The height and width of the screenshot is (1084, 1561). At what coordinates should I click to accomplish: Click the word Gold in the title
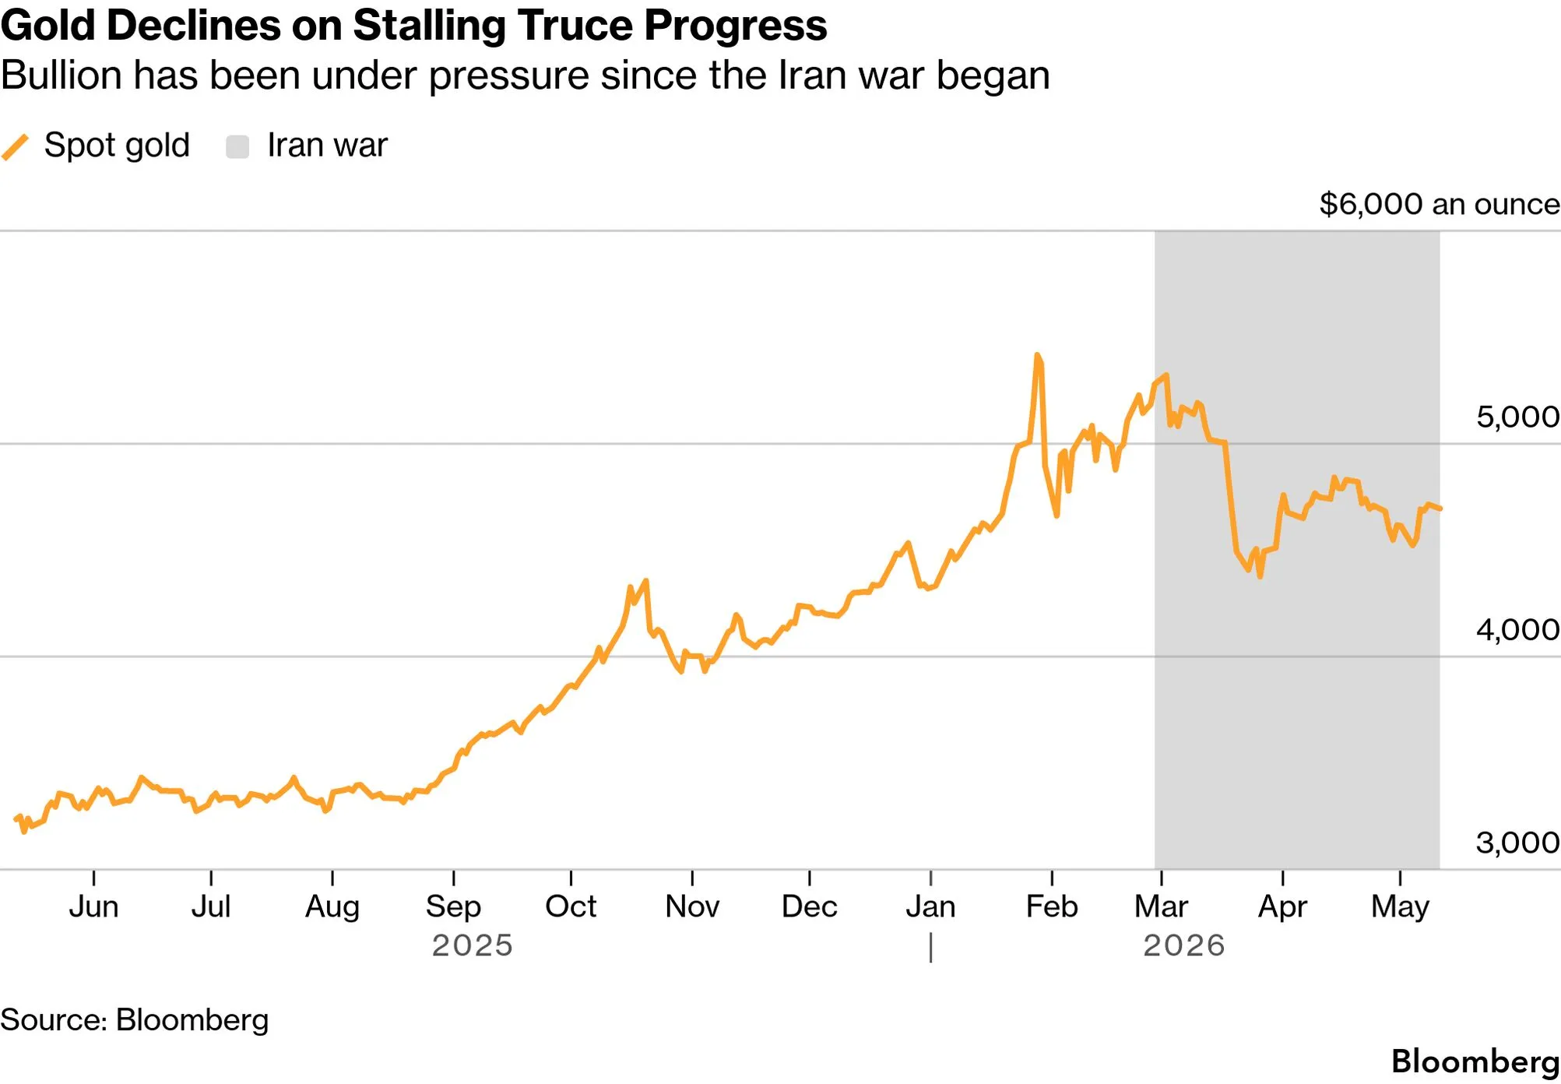point(47,25)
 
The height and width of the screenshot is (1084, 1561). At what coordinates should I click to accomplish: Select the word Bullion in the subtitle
point(61,76)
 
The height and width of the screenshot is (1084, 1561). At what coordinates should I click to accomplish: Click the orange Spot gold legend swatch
point(15,146)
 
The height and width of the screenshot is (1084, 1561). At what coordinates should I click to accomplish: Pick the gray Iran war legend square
point(237,146)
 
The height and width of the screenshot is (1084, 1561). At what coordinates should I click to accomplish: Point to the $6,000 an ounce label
point(1440,204)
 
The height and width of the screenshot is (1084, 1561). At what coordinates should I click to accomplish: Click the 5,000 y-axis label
point(1517,417)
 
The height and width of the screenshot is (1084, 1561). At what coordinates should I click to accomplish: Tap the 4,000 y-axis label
point(1517,629)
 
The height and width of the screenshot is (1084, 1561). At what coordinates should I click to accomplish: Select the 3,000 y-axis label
point(1517,842)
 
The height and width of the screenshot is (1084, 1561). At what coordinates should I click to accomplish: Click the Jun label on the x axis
point(93,906)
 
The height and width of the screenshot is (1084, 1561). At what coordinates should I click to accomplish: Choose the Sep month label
point(453,907)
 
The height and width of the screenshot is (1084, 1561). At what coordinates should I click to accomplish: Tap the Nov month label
point(692,906)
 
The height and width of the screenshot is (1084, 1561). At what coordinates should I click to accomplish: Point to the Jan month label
point(930,906)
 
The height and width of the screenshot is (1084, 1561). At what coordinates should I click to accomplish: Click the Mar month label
point(1161,906)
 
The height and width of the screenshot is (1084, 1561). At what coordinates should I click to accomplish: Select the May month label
point(1400,907)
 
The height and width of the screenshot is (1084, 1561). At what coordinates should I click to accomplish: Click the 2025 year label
point(473,945)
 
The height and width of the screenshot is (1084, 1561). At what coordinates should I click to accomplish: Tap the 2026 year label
point(1184,945)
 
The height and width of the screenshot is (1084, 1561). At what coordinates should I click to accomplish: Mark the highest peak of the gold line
point(1037,355)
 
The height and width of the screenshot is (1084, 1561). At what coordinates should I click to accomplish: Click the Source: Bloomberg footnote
point(134,1020)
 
